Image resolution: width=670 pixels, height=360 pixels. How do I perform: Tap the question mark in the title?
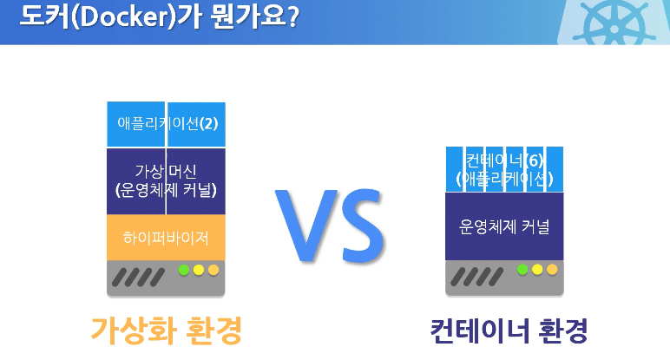point(292,17)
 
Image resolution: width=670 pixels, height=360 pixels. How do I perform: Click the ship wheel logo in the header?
point(614,23)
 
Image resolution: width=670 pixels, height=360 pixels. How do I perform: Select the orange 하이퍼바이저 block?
point(166,238)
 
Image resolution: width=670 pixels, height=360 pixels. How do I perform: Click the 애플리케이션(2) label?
point(167,123)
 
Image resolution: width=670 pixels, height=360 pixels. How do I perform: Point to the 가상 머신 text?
point(166,171)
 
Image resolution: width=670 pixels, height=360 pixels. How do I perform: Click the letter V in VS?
point(305,224)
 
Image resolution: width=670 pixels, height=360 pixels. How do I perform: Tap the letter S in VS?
point(363,225)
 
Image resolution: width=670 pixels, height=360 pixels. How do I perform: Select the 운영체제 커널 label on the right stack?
point(504,226)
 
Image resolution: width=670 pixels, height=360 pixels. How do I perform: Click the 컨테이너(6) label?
point(504,160)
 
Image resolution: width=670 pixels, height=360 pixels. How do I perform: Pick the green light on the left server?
point(184,270)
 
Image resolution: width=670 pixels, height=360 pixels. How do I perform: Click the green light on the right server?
point(522,270)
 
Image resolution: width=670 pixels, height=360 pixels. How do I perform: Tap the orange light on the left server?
point(213,270)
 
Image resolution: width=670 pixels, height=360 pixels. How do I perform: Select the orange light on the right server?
point(552,270)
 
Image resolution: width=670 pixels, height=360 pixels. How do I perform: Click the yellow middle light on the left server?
point(199,270)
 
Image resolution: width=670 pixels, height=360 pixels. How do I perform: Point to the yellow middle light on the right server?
point(537,270)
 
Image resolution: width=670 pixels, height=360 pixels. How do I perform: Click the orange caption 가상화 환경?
point(167,331)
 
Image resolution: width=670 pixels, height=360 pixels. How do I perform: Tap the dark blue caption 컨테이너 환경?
point(509,331)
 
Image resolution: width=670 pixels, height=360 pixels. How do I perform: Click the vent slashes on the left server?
point(138,277)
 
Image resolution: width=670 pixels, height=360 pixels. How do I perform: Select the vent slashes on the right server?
point(476,277)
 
